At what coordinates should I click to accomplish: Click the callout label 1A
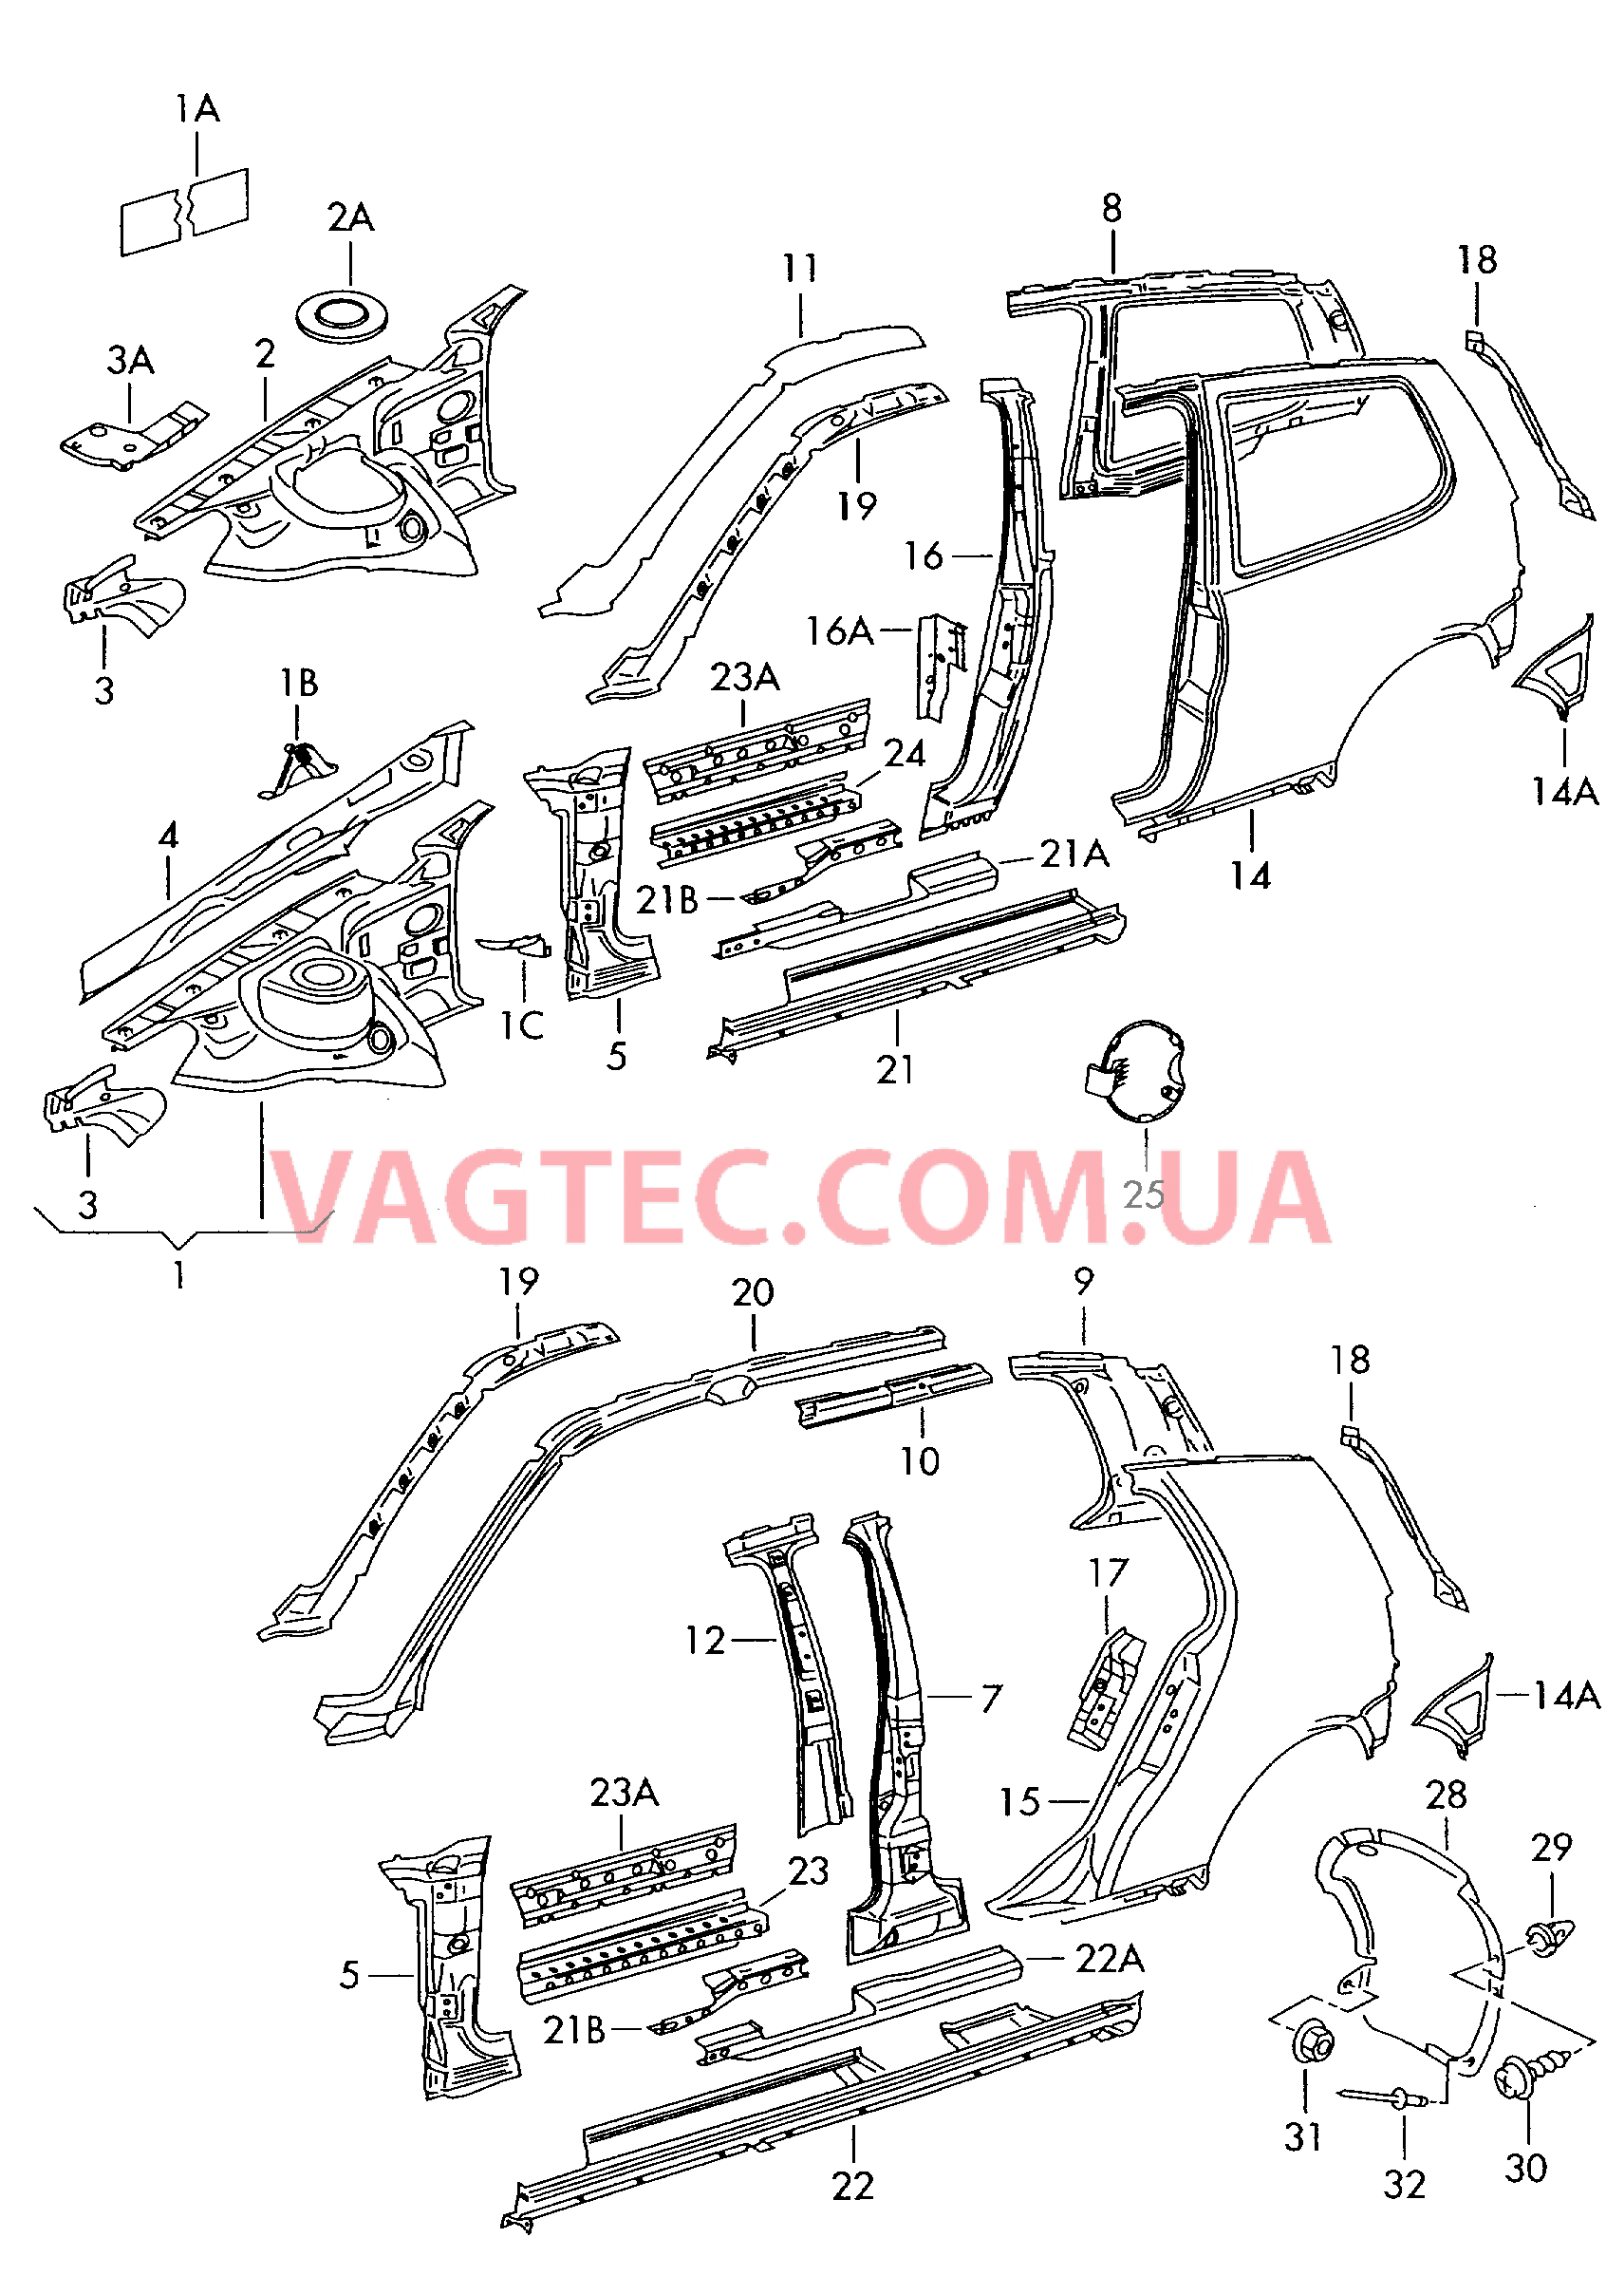(x=196, y=109)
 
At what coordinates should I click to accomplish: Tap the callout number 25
(x=1144, y=1194)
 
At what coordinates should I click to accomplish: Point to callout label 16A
(x=839, y=630)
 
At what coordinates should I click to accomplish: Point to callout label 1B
(x=299, y=684)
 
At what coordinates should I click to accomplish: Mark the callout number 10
(x=919, y=1460)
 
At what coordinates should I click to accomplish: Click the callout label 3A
(x=130, y=360)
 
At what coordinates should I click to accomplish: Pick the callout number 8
(x=1111, y=208)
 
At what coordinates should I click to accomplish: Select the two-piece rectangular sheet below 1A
(x=185, y=211)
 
